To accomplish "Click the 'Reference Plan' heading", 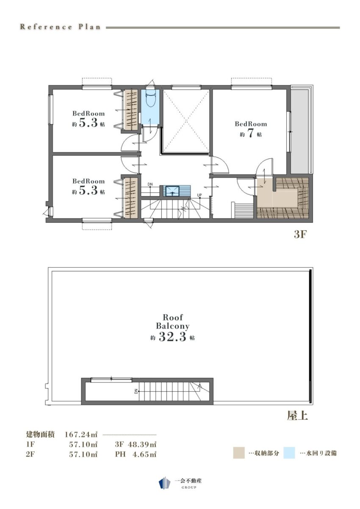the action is pyautogui.click(x=60, y=27).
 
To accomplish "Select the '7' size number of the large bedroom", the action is pyautogui.click(x=250, y=134).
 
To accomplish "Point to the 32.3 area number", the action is pyautogui.click(x=172, y=337).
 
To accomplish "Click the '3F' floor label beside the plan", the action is pyautogui.click(x=300, y=235).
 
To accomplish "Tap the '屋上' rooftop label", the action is pyautogui.click(x=297, y=416).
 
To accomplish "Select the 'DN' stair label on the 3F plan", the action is pyautogui.click(x=150, y=184).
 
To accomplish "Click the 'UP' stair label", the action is pyautogui.click(x=199, y=195).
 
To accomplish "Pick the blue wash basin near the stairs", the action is pyautogui.click(x=172, y=191).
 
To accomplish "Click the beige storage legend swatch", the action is pyautogui.click(x=238, y=453).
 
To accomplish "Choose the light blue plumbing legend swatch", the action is pyautogui.click(x=289, y=453).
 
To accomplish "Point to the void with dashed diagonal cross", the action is pyautogui.click(x=186, y=121).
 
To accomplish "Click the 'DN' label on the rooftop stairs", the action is pyautogui.click(x=136, y=391).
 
